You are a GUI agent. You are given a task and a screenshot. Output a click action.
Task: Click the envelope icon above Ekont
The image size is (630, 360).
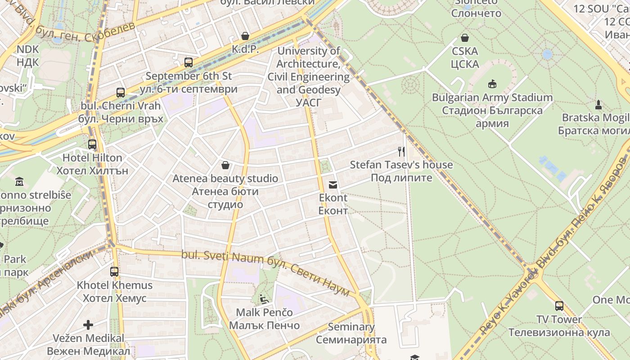click(333, 184)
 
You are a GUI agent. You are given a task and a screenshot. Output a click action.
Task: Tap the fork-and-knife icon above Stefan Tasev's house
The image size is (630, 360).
click(401, 151)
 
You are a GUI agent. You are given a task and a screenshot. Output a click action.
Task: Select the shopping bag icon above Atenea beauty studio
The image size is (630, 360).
click(225, 165)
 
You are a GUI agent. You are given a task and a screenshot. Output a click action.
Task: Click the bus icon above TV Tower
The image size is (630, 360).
click(559, 306)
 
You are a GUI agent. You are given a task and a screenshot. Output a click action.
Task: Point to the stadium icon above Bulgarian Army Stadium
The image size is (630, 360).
click(492, 84)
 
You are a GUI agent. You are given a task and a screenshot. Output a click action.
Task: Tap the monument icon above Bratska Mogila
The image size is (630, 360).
click(598, 104)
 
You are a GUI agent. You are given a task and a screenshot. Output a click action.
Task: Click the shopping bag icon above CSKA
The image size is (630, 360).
click(465, 38)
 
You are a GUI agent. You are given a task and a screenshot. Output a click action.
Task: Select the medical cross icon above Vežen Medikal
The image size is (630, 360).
click(88, 324)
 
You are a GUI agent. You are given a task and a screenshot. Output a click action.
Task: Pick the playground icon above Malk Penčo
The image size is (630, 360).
click(264, 299)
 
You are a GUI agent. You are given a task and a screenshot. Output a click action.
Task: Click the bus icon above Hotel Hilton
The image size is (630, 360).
click(92, 144)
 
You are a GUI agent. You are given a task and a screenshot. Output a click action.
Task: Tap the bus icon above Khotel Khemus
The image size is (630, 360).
click(114, 272)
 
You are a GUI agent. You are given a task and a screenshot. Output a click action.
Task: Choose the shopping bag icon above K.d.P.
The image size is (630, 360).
click(245, 36)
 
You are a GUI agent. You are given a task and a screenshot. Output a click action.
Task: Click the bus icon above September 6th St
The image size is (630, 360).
click(189, 63)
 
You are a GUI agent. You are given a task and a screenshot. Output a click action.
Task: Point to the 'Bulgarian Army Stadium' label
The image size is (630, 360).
click(492, 98)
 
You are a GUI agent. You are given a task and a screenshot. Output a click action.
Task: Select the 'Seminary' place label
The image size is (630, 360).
click(351, 327)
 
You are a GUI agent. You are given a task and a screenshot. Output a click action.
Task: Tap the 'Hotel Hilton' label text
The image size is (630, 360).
click(92, 158)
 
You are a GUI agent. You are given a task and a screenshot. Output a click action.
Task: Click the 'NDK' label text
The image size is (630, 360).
click(28, 49)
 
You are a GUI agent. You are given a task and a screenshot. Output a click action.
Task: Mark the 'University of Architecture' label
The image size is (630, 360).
click(309, 51)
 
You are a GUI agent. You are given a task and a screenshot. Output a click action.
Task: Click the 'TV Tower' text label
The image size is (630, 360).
click(559, 319)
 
